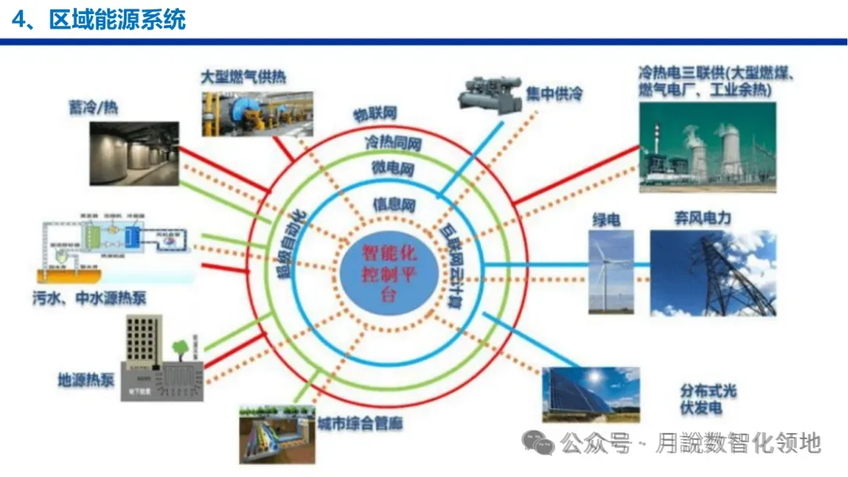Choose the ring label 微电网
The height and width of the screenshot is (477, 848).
point(393,168)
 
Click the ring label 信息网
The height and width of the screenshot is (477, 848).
point(393,204)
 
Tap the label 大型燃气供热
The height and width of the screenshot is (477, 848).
point(243,76)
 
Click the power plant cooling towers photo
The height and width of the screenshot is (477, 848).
point(707,149)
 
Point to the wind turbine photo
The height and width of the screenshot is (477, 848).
point(611,272)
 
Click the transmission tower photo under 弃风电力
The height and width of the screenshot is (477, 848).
point(712,272)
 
